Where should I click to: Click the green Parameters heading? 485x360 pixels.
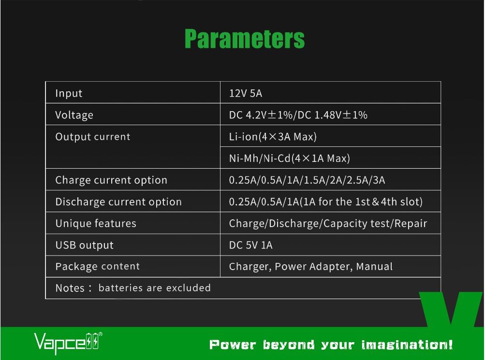click(244, 39)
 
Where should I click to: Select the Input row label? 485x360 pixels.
click(69, 93)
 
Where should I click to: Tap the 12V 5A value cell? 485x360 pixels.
click(246, 93)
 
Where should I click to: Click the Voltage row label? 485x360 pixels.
click(74, 115)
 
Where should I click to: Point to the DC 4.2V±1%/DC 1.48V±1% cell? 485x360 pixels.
click(298, 115)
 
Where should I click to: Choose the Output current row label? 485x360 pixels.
click(93, 137)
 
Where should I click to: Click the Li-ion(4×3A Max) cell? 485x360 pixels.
click(273, 137)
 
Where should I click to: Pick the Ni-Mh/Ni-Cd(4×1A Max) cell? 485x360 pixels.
click(290, 158)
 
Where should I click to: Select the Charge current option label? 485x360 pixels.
click(111, 180)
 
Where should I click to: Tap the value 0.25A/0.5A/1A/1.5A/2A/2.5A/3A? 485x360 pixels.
click(307, 180)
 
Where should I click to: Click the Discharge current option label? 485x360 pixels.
click(118, 202)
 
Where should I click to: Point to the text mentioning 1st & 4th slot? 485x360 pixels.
click(326, 202)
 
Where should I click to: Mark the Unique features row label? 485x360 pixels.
click(96, 223)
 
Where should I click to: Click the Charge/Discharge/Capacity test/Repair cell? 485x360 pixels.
click(328, 223)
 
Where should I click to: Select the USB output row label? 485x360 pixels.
click(85, 245)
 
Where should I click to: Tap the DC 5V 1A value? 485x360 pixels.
click(250, 245)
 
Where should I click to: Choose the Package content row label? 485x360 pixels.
click(97, 266)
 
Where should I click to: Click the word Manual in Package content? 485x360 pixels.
click(374, 266)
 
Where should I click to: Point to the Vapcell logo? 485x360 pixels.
click(68, 343)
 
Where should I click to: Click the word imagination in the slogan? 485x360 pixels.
click(407, 345)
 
